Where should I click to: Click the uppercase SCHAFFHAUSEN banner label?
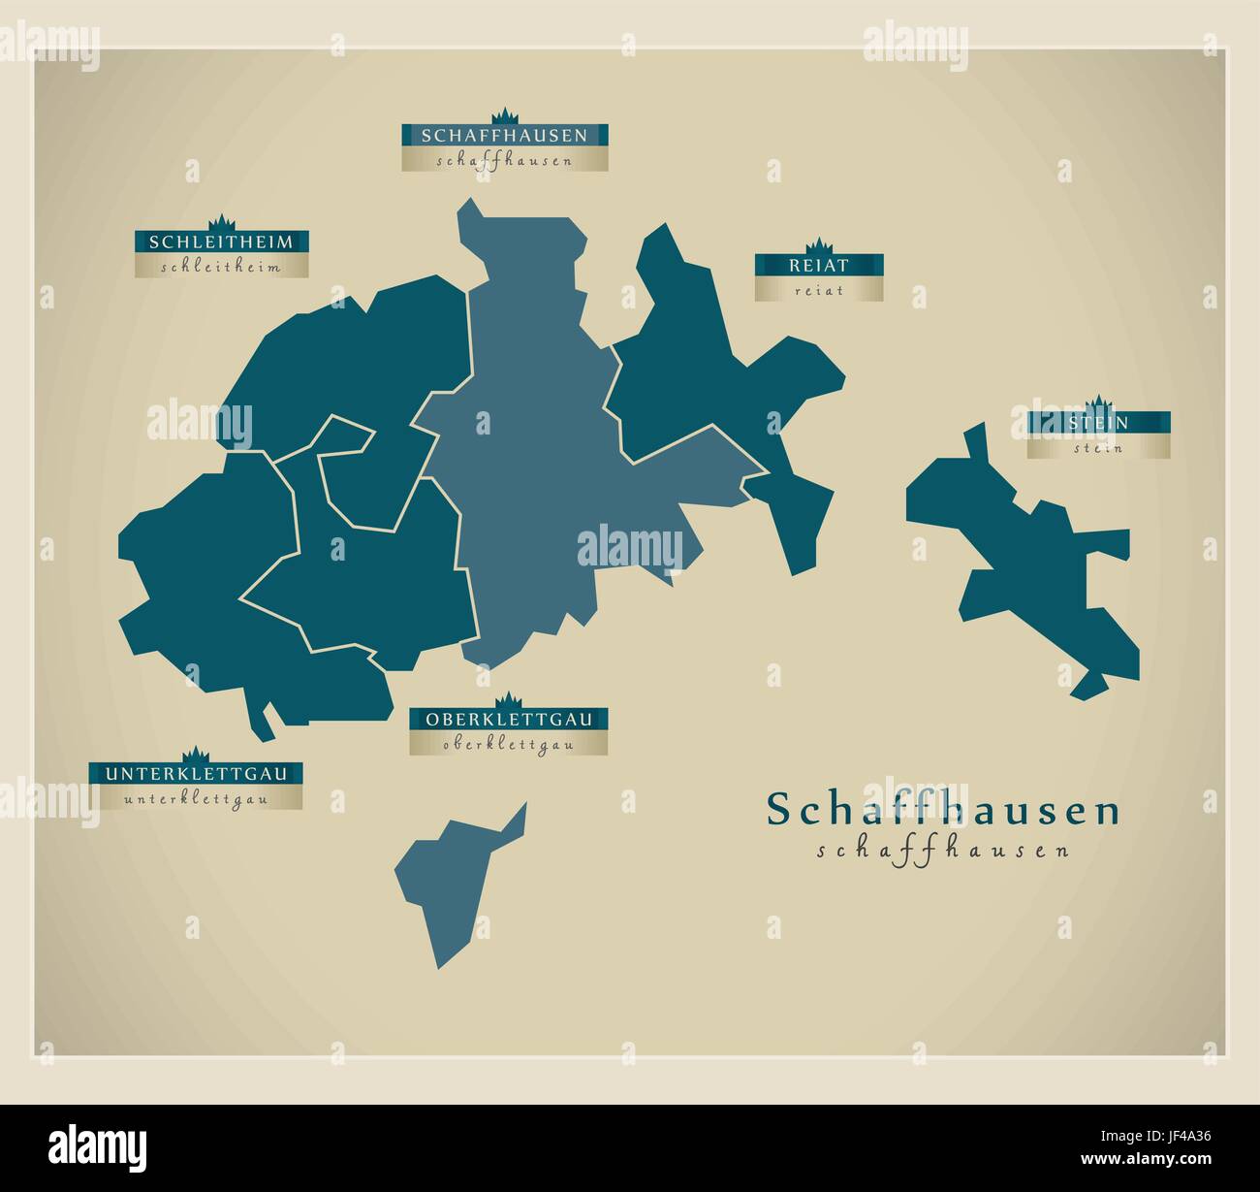coord(505,135)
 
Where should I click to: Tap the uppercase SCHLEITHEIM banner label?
coord(221,241)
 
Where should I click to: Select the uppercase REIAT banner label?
coord(819,265)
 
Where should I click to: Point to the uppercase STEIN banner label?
coord(1099,423)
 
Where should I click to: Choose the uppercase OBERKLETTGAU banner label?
coord(508,720)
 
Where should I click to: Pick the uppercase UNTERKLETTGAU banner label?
coord(196,774)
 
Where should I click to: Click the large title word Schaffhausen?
coord(943,811)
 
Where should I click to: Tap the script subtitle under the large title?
coord(943,851)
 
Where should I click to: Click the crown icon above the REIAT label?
coord(819,244)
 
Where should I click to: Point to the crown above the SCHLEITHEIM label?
coord(222,221)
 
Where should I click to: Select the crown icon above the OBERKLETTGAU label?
coord(509,700)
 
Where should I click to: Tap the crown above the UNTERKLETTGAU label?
coord(197,755)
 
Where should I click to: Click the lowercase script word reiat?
coord(819,290)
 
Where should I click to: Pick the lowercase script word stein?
coord(1099,448)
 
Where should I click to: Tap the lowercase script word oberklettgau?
coord(508,745)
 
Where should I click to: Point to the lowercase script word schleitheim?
coord(221,267)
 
